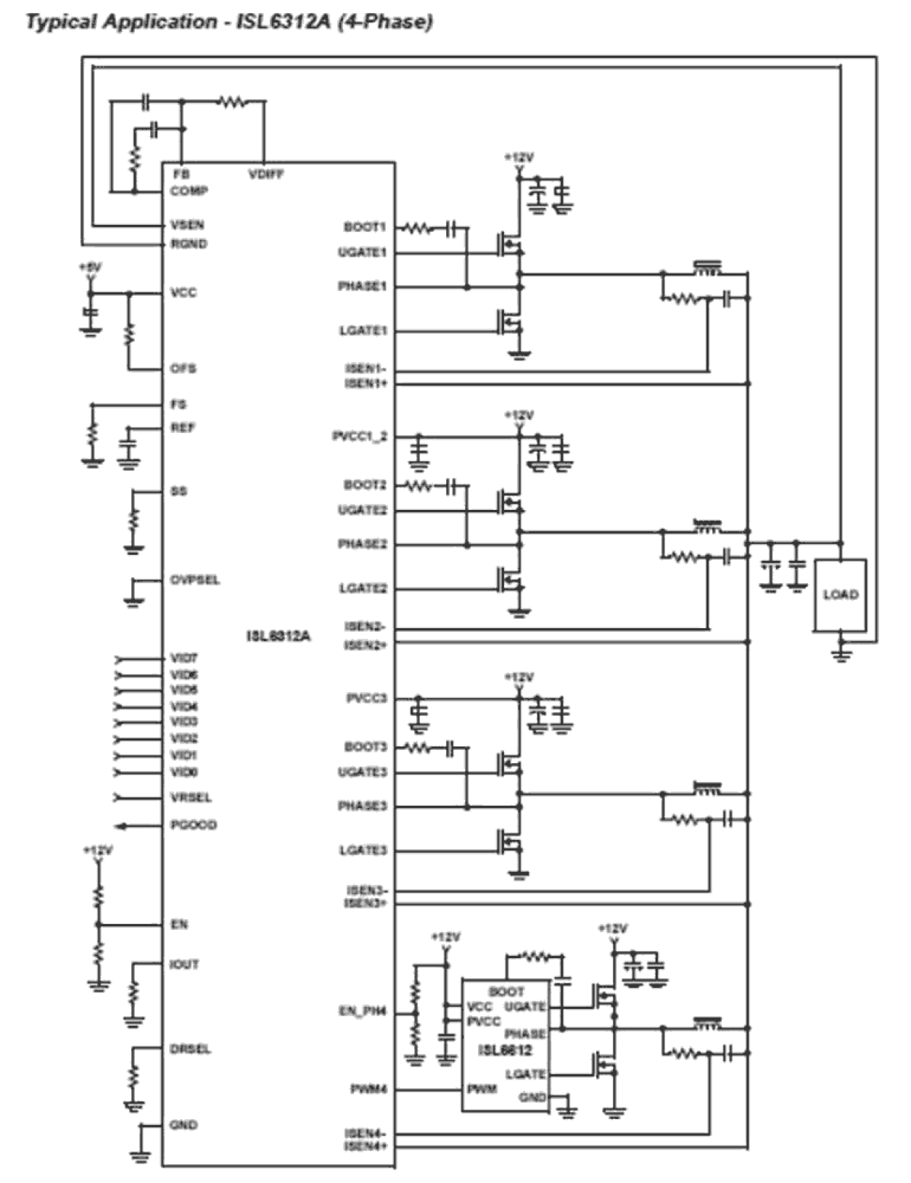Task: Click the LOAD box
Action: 840,595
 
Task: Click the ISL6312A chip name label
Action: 278,636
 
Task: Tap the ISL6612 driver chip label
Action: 505,1050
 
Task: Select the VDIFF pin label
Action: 265,174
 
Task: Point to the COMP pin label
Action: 189,191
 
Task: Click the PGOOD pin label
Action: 193,825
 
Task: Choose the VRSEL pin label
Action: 191,797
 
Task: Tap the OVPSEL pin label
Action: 194,580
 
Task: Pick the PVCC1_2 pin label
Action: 360,437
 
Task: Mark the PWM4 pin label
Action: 368,1089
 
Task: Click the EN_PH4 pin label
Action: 363,1011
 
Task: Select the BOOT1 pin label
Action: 365,227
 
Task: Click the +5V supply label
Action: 90,268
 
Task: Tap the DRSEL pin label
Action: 190,1049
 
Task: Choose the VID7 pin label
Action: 184,659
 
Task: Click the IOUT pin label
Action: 184,964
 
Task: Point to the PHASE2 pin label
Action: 362,544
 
